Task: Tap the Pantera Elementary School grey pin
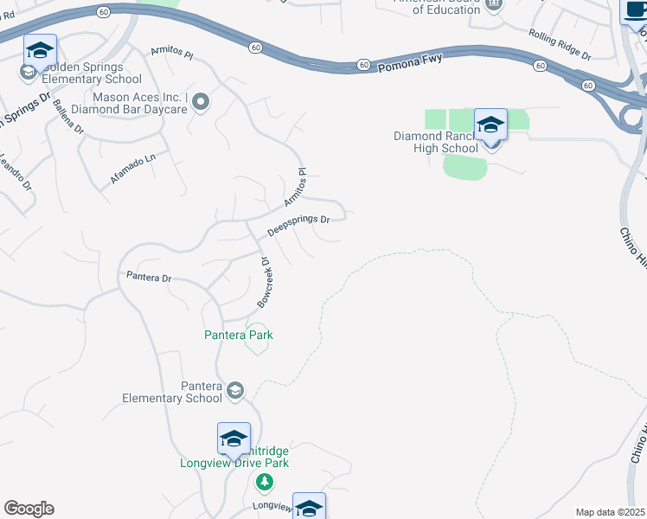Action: click(234, 391)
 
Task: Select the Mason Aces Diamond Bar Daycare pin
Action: click(202, 103)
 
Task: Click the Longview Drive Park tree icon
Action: click(266, 482)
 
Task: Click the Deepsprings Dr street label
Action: click(298, 227)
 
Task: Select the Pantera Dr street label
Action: click(150, 278)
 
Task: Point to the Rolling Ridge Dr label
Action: click(559, 45)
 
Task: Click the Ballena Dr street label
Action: click(67, 116)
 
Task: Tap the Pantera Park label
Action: click(238, 335)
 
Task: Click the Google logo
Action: click(29, 509)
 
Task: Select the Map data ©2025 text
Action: click(611, 512)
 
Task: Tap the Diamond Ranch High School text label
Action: click(436, 142)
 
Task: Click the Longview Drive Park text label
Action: click(234, 463)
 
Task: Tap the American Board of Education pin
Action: click(494, 5)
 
